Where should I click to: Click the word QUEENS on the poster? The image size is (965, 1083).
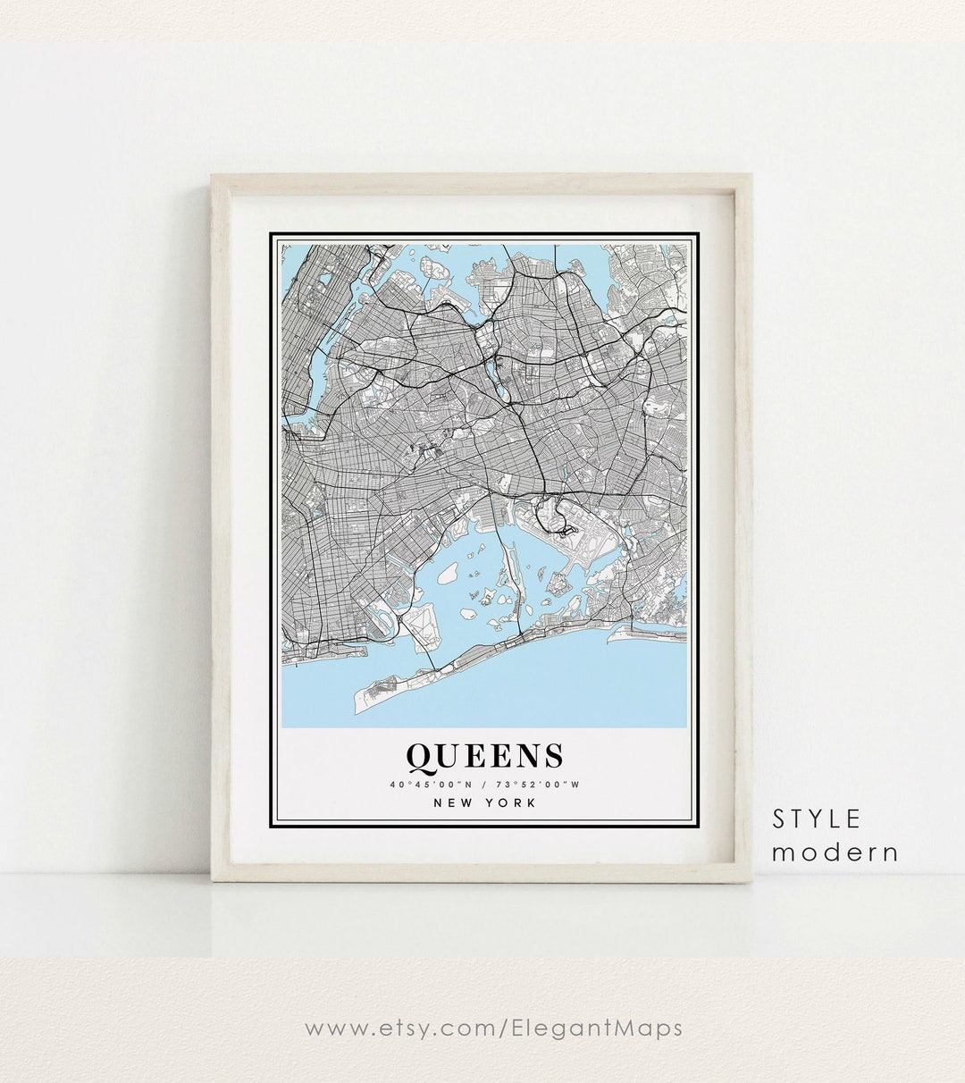[x=485, y=756]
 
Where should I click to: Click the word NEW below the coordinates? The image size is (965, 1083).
[x=454, y=802]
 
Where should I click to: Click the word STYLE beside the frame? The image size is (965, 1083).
[x=817, y=819]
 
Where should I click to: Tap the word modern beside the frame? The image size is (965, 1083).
[x=835, y=852]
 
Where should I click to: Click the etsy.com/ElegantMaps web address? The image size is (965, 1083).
[x=493, y=1028]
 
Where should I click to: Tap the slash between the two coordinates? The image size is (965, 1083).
[x=484, y=785]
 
